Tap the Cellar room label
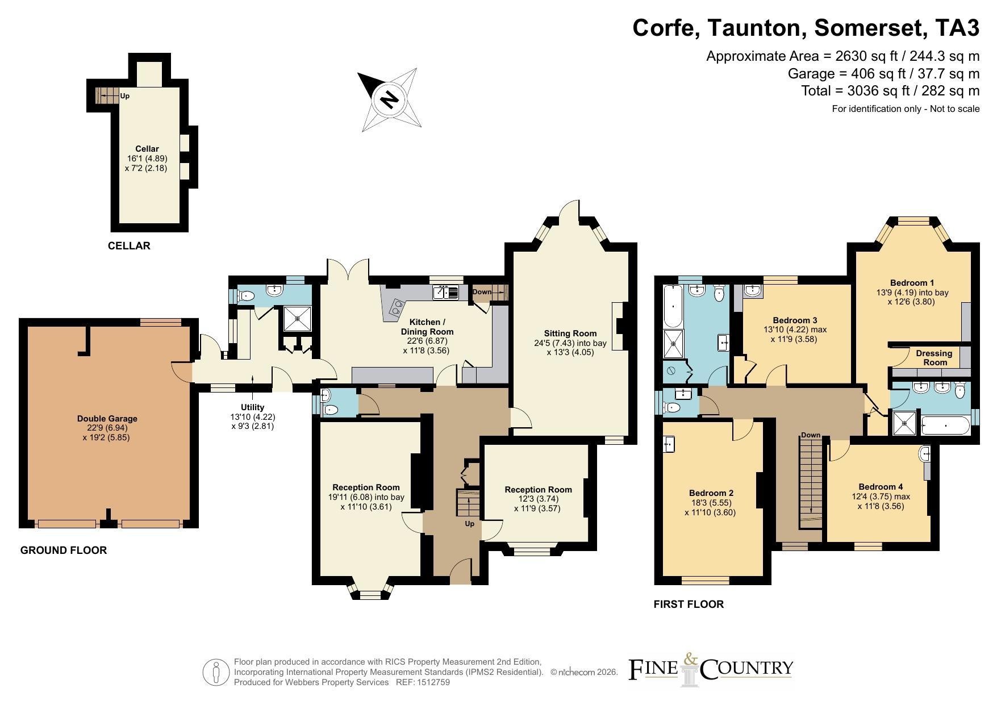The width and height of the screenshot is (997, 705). point(147,149)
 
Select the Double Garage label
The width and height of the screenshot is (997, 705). point(107,419)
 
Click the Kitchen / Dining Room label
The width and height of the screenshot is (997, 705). point(427,327)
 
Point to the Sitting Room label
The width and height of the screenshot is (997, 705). point(570,333)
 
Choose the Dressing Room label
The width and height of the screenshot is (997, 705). point(935,358)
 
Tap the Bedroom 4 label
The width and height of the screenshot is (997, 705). point(881,487)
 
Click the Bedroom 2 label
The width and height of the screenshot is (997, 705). point(711,493)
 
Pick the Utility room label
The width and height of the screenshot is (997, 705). point(252,407)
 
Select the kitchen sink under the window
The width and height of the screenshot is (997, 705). point(446,293)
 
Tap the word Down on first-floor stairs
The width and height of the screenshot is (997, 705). point(811,435)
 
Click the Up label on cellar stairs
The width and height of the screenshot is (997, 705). point(125,96)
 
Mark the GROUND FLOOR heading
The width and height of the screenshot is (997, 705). point(64,550)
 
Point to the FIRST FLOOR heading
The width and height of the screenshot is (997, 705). point(689,604)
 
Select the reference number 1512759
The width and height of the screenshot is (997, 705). point(434,682)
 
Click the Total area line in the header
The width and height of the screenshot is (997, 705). point(890,90)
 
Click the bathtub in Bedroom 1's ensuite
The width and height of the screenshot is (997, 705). point(945,425)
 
